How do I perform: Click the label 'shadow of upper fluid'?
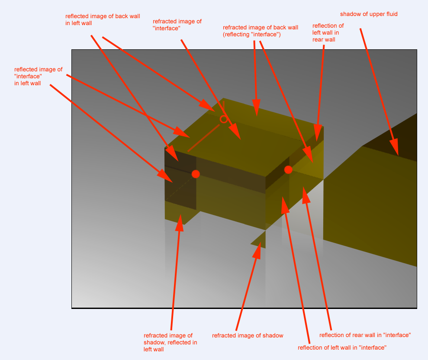click(369, 14)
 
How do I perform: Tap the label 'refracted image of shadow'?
click(248, 335)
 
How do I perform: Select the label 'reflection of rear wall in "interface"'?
click(365, 335)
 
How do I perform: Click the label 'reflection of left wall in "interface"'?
click(342, 347)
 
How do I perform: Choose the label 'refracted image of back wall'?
click(261, 28)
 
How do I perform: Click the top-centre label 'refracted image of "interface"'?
click(177, 25)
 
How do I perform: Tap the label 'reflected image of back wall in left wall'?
click(103, 20)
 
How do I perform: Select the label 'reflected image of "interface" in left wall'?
click(38, 76)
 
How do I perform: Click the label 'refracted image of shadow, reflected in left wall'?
click(171, 342)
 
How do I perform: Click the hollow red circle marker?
click(224, 119)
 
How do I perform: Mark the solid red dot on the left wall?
click(196, 174)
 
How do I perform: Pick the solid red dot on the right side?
click(288, 170)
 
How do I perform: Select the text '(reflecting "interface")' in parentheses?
click(252, 35)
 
